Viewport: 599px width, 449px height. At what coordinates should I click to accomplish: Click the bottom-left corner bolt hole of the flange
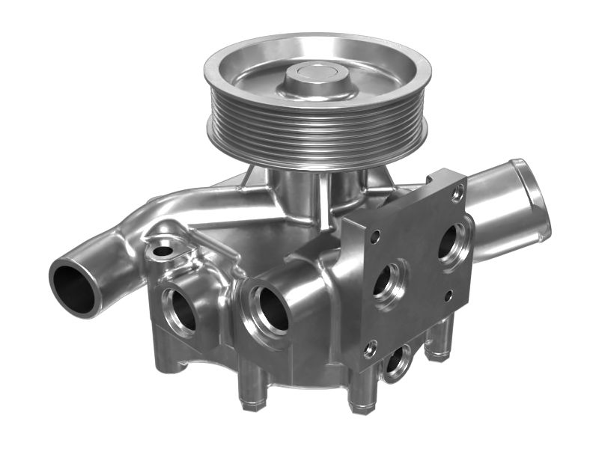(x=371, y=347)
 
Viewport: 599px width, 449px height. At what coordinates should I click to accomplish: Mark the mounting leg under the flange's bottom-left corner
(x=363, y=393)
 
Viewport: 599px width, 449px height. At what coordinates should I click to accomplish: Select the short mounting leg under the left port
(x=169, y=358)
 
